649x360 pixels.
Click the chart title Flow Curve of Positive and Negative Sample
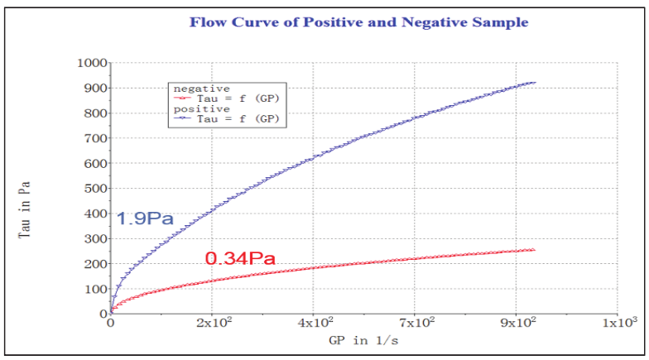pyautogui.click(x=358, y=22)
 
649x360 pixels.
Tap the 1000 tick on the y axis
pyautogui.click(x=91, y=63)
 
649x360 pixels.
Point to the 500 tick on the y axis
pyautogui.click(x=94, y=189)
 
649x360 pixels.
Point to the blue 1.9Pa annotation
pyautogui.click(x=145, y=219)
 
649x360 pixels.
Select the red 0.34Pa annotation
pyautogui.click(x=240, y=259)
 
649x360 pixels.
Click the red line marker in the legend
pyautogui.click(x=184, y=98)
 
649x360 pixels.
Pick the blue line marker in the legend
pyautogui.click(x=184, y=119)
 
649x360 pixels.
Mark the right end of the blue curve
pyautogui.click(x=535, y=82)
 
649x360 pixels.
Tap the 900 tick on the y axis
pyautogui.click(x=94, y=88)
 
